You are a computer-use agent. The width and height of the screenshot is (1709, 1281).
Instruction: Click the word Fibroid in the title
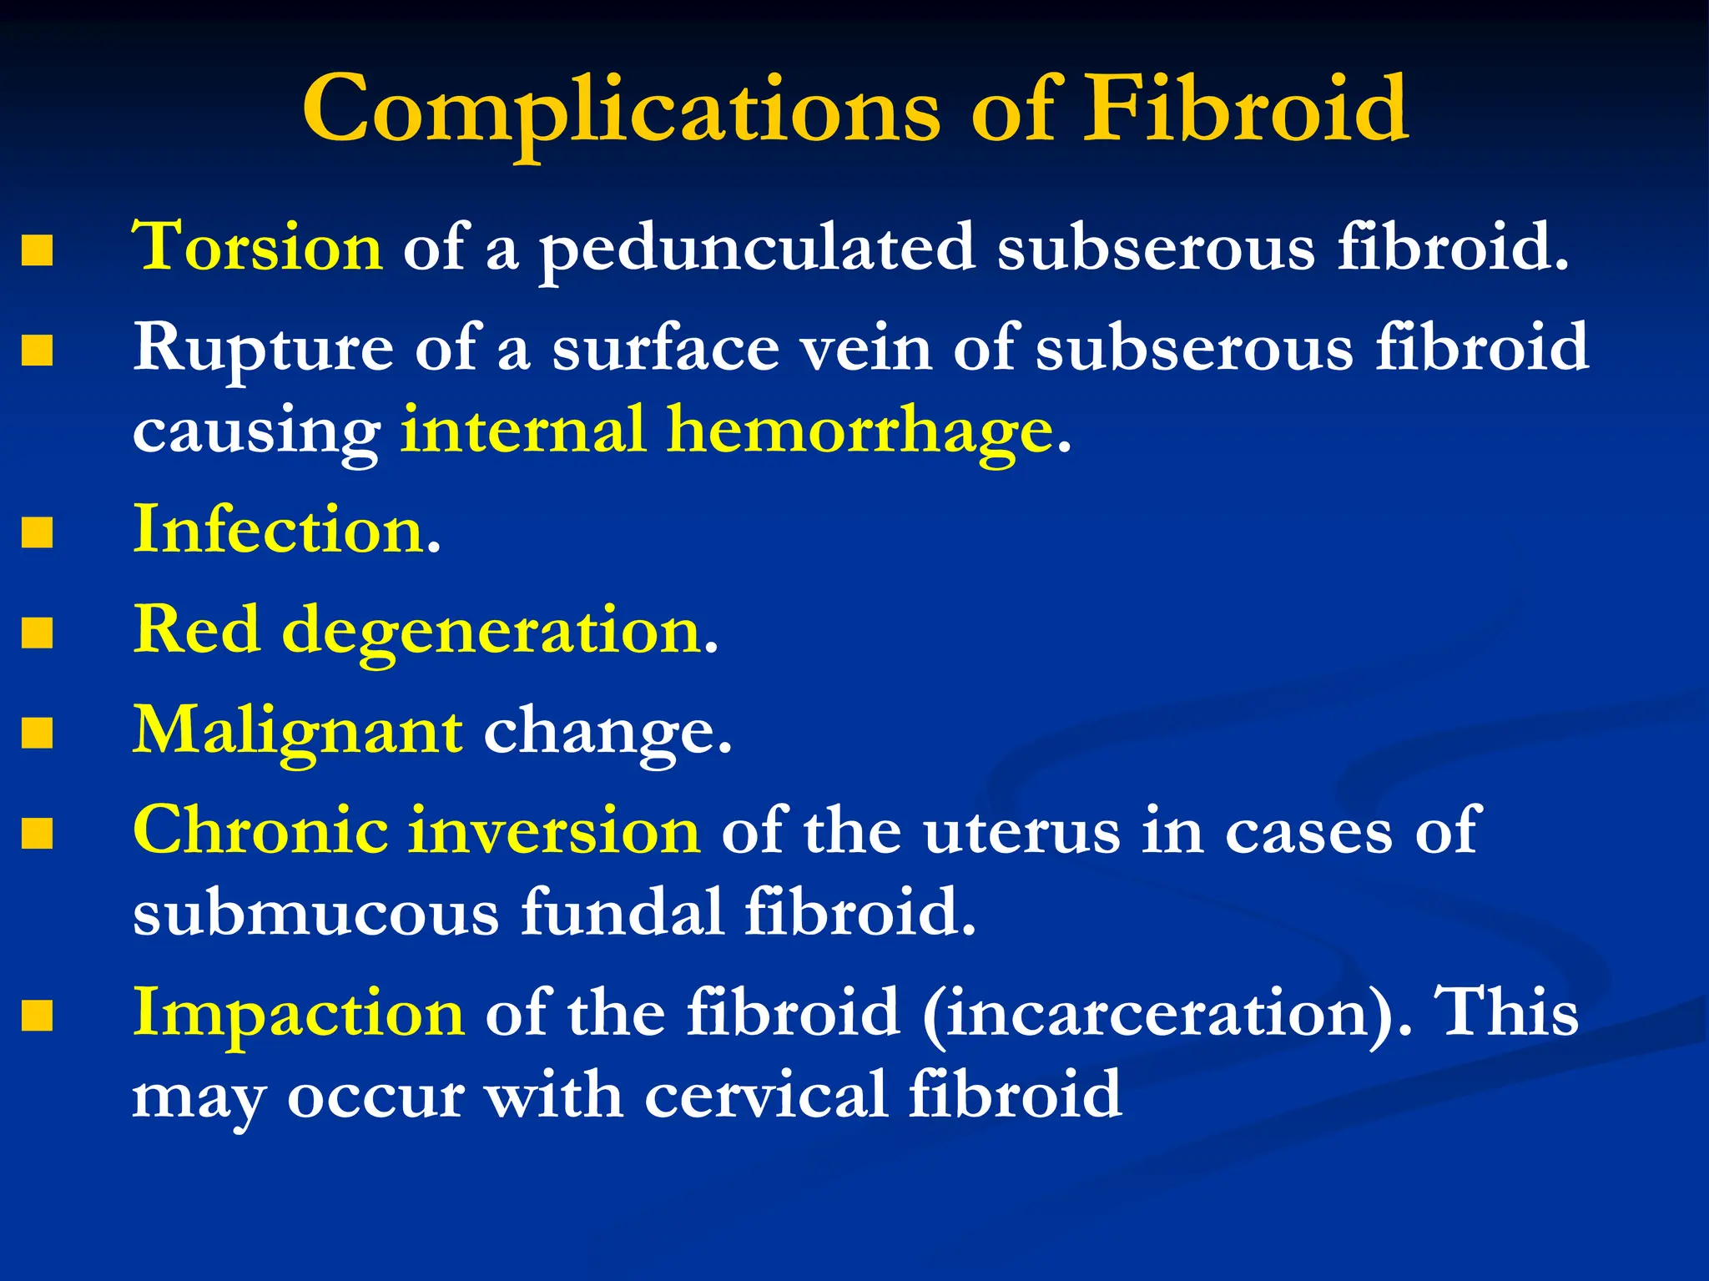(x=1245, y=110)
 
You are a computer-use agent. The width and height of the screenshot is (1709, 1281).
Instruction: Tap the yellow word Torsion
(x=258, y=248)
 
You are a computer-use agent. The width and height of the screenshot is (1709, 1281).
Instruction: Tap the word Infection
(x=280, y=531)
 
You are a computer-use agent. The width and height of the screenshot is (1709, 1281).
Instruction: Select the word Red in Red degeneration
(x=197, y=630)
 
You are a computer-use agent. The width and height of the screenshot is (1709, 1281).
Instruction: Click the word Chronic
(x=260, y=831)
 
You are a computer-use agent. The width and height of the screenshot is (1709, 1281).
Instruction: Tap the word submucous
(x=315, y=913)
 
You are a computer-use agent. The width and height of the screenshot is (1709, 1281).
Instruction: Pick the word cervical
(x=765, y=1095)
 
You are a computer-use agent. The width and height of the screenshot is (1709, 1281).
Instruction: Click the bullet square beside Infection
(x=38, y=532)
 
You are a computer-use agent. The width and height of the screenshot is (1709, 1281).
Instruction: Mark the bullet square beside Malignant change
(x=38, y=734)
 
